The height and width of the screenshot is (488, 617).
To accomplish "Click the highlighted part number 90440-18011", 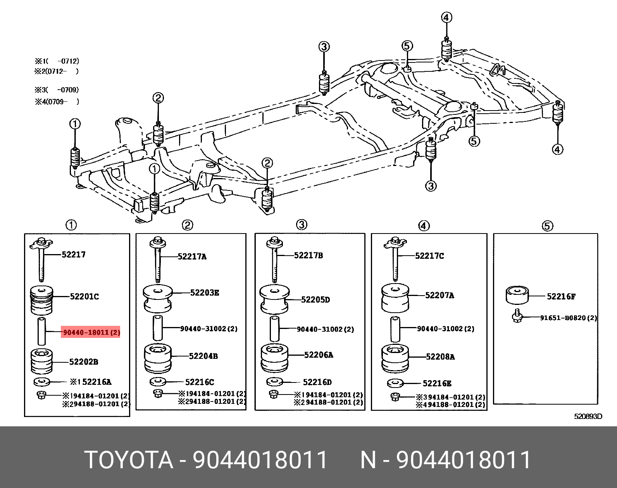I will coord(90,332).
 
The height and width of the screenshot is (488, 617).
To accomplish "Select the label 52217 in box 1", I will coord(74,254).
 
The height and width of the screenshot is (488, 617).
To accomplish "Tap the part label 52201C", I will coord(84,296).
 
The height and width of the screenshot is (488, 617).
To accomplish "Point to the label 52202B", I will coord(83,362).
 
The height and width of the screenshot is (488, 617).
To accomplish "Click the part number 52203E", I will coord(204,292).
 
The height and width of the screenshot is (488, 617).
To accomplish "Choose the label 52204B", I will coord(203,356).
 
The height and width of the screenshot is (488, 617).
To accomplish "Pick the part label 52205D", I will coord(315,299).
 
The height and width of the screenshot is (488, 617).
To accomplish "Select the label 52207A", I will coord(439,295).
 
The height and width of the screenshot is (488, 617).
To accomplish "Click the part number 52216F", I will coord(561,296).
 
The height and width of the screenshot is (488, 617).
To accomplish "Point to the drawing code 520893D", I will coord(588,417).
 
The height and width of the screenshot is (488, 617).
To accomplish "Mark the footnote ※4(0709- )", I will coord(57,102).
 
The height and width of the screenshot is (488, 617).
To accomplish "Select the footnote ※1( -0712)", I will coord(57,61).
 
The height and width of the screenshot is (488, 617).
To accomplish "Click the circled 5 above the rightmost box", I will coord(547,226).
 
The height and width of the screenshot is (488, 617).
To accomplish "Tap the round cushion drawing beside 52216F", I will coord(517,296).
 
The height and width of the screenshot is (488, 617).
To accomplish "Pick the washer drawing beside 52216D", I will coord(275,382).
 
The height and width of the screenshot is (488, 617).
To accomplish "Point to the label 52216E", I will coord(437,383).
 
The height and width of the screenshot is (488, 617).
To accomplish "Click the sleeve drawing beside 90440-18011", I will coord(41,331).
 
